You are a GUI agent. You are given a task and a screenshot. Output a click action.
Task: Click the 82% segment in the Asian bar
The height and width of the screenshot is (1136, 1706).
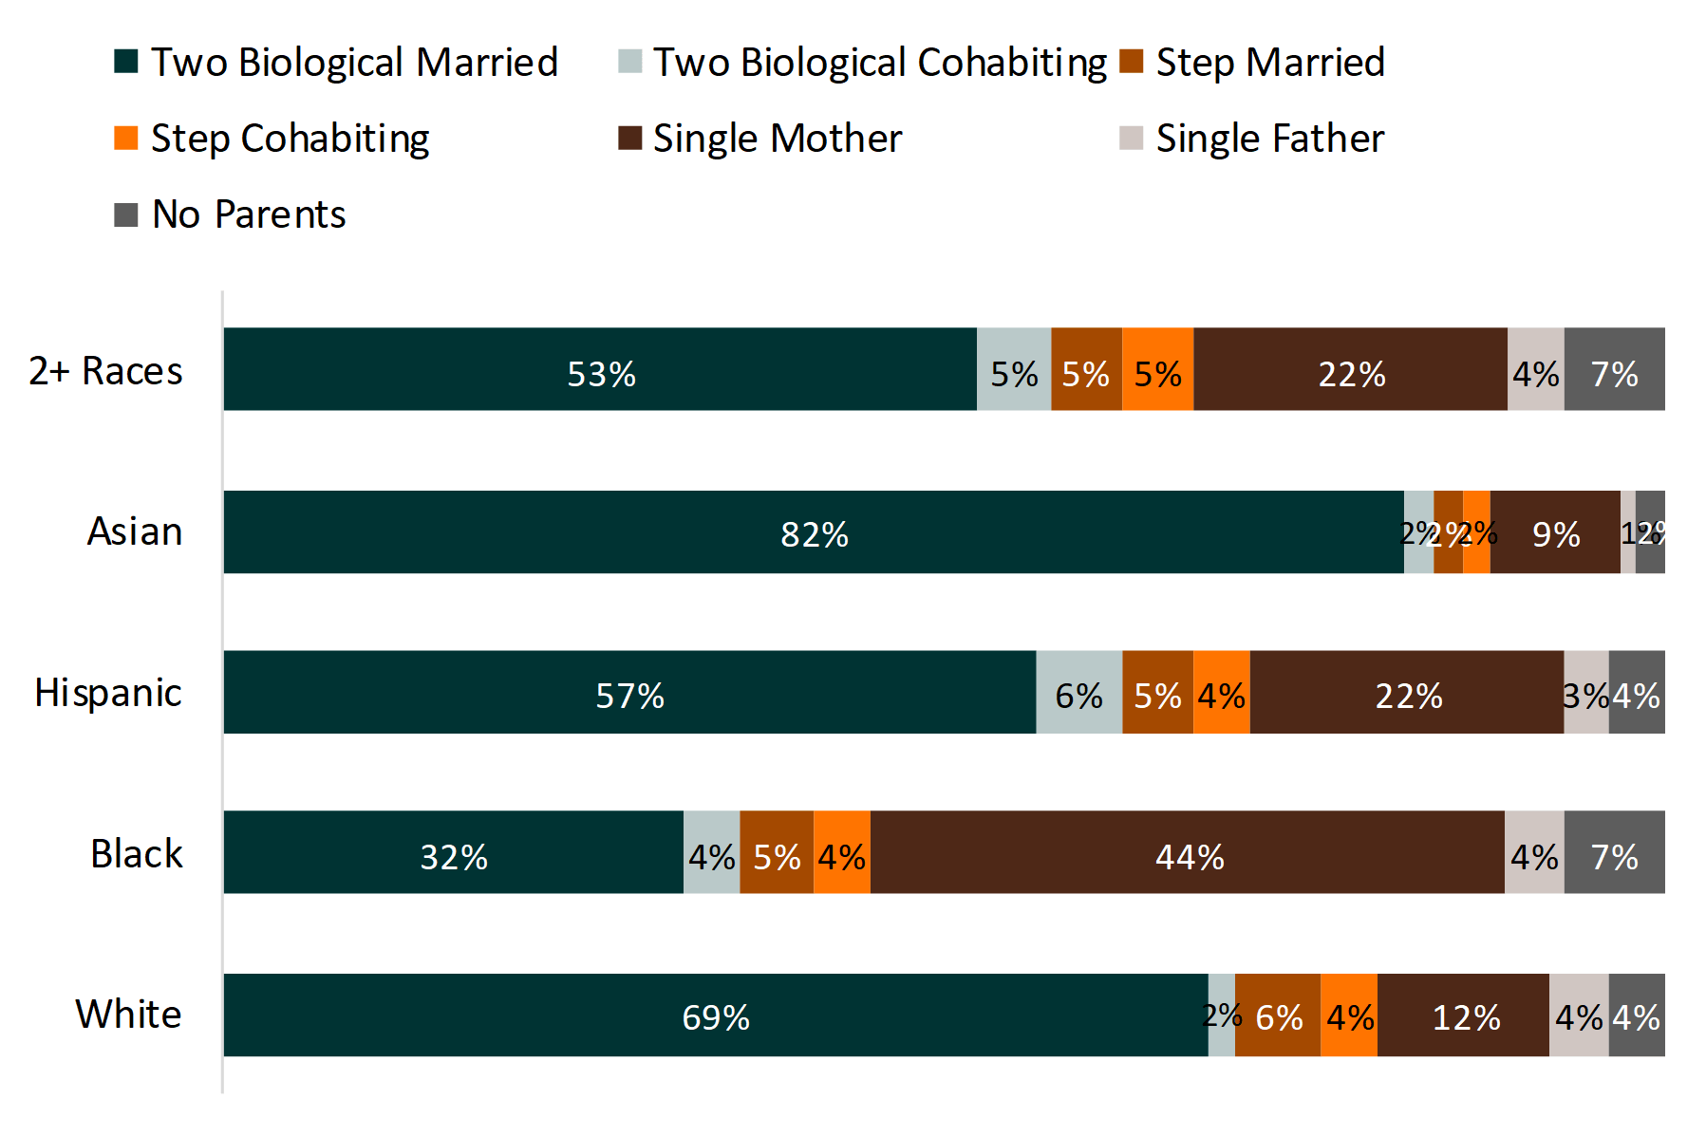(x=814, y=532)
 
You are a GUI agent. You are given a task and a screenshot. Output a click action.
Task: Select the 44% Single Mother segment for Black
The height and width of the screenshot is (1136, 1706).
(x=1187, y=852)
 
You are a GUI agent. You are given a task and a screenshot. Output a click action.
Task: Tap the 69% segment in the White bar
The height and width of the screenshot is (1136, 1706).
(x=716, y=1015)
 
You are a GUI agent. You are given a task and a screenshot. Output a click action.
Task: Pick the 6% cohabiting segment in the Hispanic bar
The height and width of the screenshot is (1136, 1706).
(x=1078, y=693)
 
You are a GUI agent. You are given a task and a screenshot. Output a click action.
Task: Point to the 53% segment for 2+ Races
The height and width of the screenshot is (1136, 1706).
(x=600, y=369)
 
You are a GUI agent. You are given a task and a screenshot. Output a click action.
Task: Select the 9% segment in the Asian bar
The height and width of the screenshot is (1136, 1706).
(x=1555, y=532)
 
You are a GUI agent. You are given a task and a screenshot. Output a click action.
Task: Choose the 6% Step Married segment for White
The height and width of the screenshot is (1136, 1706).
(x=1278, y=1015)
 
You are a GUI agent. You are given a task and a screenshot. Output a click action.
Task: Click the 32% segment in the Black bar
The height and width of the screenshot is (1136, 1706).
(x=453, y=852)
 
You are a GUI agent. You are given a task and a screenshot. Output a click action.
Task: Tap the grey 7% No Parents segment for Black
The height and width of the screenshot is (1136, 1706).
(x=1614, y=852)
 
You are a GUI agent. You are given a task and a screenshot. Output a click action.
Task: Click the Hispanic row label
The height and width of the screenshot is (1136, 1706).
(x=108, y=693)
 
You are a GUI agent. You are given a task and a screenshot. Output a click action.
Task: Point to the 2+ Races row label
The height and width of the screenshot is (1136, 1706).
(x=105, y=371)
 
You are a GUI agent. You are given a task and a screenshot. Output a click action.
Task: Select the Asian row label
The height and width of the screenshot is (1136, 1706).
(x=135, y=531)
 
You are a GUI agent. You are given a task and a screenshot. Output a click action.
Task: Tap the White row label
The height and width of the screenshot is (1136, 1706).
(x=128, y=1015)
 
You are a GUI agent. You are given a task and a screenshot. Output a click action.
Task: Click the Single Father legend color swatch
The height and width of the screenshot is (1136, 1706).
(x=1131, y=139)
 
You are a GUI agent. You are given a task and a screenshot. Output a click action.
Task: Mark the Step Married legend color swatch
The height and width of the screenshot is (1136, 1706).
(x=1131, y=62)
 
